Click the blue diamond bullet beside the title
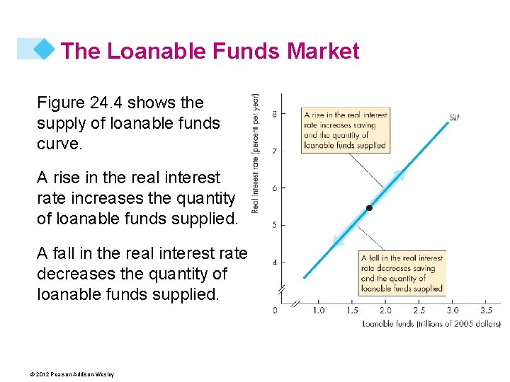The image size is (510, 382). pos(45,48)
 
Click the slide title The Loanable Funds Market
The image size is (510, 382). pos(210,51)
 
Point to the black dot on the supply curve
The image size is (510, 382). pos(369,208)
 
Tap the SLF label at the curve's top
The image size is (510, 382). pos(454,117)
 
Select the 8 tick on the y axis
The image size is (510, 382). pos(273,113)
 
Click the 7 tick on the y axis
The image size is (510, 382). pos(273,151)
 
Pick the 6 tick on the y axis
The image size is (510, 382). pos(273,187)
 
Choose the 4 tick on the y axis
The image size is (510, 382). pos(273,262)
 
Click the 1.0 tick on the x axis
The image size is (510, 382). pos(319,310)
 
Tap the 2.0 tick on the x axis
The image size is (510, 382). pos(385,310)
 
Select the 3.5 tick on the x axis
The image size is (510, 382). pos(486,310)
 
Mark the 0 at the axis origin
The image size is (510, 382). pos(276,310)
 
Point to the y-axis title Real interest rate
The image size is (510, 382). pos(256,152)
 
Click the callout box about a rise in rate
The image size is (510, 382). pos(345,130)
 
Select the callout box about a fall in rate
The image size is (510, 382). pos(402,273)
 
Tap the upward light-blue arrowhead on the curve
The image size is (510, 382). pos(399,176)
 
